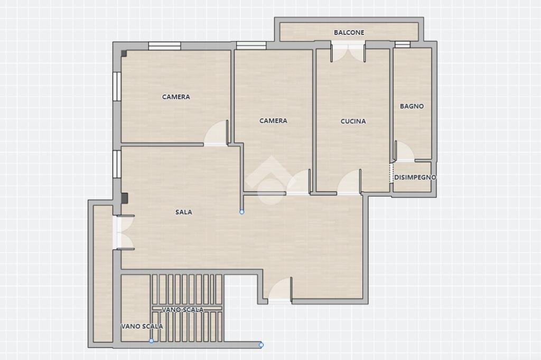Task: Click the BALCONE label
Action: click(x=349, y=33)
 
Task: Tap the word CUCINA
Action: click(x=353, y=121)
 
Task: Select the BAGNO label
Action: click(x=412, y=106)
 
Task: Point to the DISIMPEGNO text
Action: click(x=415, y=177)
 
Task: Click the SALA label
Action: click(x=184, y=212)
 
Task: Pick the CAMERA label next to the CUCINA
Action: click(x=273, y=121)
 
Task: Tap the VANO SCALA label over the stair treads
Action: click(x=183, y=310)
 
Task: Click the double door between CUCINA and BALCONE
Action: click(x=348, y=52)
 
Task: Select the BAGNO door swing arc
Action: click(x=405, y=151)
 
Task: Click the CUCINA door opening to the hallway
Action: click(x=349, y=184)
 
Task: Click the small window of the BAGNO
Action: click(x=402, y=45)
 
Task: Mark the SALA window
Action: click(x=117, y=164)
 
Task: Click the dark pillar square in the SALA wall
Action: click(x=124, y=198)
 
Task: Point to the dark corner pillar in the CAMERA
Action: click(x=124, y=53)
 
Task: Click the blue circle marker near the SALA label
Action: click(x=242, y=212)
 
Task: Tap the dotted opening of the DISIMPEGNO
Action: click(x=391, y=173)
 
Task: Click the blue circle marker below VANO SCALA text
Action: click(x=152, y=341)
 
